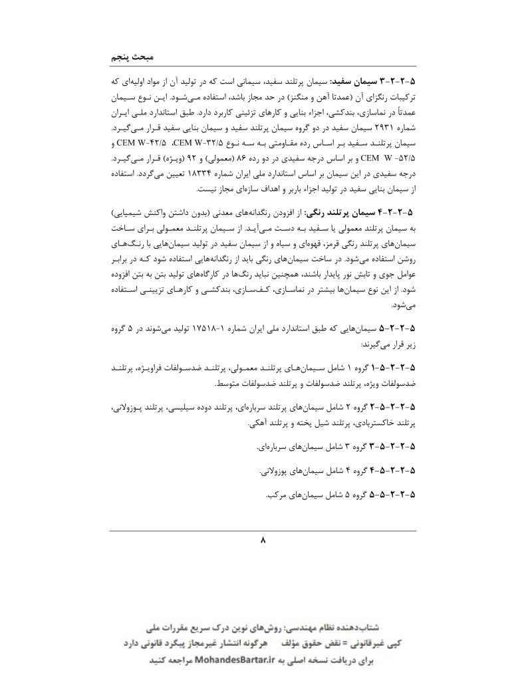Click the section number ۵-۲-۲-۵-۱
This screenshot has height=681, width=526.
click(x=394, y=368)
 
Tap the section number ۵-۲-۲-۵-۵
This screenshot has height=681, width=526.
click(x=394, y=495)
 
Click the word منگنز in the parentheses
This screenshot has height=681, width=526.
click(x=321, y=95)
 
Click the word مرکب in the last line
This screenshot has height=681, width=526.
click(x=274, y=495)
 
